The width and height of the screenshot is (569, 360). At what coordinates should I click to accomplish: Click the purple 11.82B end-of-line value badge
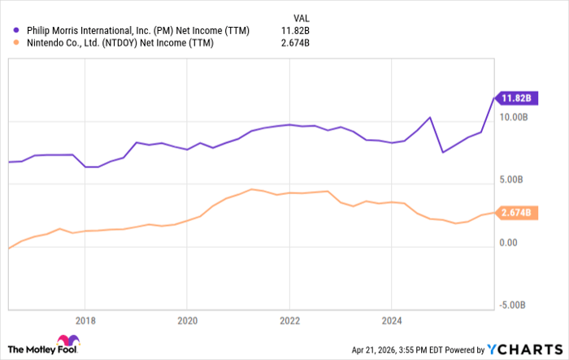[515, 98]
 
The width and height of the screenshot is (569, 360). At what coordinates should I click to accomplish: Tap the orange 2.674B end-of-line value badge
[515, 213]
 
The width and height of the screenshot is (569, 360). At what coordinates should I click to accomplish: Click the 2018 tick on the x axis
[85, 319]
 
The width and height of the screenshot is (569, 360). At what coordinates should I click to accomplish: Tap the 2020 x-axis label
[187, 319]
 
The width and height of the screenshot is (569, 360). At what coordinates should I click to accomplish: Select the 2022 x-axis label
[289, 319]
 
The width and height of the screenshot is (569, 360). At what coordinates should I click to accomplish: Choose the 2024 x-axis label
[392, 319]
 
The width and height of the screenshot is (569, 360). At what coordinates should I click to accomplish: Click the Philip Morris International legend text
[138, 31]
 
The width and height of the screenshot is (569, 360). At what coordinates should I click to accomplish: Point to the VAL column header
[300, 16]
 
